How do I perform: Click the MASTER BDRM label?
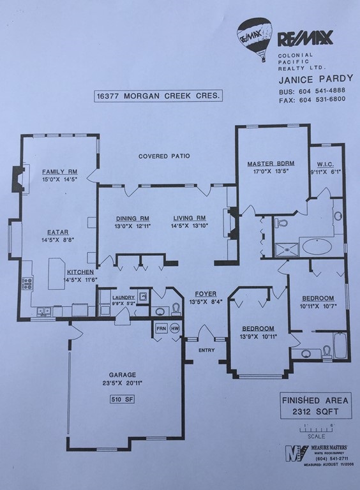tap(269, 164)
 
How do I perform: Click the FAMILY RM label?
tap(59, 172)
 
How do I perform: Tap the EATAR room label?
tap(57, 232)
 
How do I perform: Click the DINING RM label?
tap(131, 218)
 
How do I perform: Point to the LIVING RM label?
tap(189, 218)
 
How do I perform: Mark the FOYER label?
tap(206, 293)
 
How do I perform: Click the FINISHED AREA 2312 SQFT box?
tap(315, 406)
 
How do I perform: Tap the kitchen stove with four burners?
tap(27, 283)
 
